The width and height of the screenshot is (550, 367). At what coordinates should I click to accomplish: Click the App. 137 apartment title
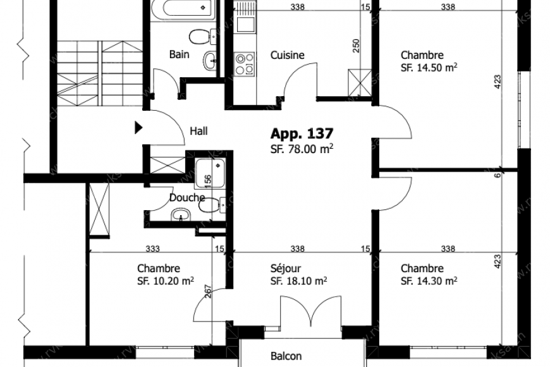tap(302, 134)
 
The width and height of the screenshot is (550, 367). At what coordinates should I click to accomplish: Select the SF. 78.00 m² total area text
tap(302, 149)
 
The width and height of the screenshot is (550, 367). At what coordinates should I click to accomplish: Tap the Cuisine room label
tap(287, 55)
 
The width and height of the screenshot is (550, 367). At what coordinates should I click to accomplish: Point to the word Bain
tap(179, 54)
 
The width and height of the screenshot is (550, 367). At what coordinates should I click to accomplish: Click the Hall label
tap(199, 132)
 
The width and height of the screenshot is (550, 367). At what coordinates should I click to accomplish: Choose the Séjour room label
tap(285, 268)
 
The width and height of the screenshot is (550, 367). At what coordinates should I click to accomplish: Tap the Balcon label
tap(286, 356)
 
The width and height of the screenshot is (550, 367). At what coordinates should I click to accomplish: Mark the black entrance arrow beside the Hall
tap(138, 128)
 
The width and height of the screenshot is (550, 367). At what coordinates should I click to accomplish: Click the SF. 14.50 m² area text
tap(429, 67)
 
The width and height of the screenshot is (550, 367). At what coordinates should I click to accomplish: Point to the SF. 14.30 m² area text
tap(429, 280)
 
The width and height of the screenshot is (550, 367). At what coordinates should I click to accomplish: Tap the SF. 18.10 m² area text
tap(298, 280)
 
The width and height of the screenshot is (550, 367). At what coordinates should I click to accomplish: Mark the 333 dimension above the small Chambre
tap(152, 249)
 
